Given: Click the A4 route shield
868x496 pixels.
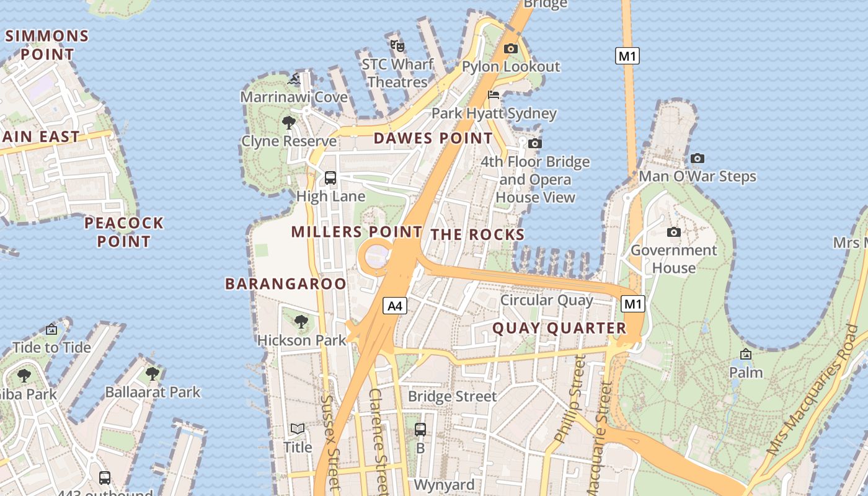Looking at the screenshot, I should [395, 305].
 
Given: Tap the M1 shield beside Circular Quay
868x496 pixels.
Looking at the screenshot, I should [632, 304].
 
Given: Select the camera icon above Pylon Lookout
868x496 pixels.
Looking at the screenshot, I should [511, 48].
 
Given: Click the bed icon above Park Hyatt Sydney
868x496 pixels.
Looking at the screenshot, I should [494, 95].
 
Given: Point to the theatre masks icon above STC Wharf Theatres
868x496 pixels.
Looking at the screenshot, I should [397, 45].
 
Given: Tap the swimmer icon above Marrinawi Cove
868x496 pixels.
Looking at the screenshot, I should [294, 79].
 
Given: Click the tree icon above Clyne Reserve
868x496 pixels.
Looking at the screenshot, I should [288, 123].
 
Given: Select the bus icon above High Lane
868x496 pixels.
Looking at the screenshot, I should [330, 178].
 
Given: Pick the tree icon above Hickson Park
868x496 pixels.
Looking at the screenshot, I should [301, 322].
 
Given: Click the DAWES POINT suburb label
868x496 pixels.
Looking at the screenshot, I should [433, 138].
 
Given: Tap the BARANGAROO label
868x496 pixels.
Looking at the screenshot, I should [286, 284].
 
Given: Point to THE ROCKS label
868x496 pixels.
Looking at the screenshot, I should [477, 234].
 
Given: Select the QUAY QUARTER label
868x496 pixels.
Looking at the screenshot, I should [559, 329].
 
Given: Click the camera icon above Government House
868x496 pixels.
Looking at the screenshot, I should [674, 232].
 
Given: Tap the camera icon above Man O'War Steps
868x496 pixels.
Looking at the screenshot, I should [697, 159].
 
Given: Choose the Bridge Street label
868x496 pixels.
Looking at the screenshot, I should [452, 396].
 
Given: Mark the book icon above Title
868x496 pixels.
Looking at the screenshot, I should [298, 429].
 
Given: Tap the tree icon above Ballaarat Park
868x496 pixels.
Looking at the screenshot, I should [153, 374].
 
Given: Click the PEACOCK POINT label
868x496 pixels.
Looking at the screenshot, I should [124, 232].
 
